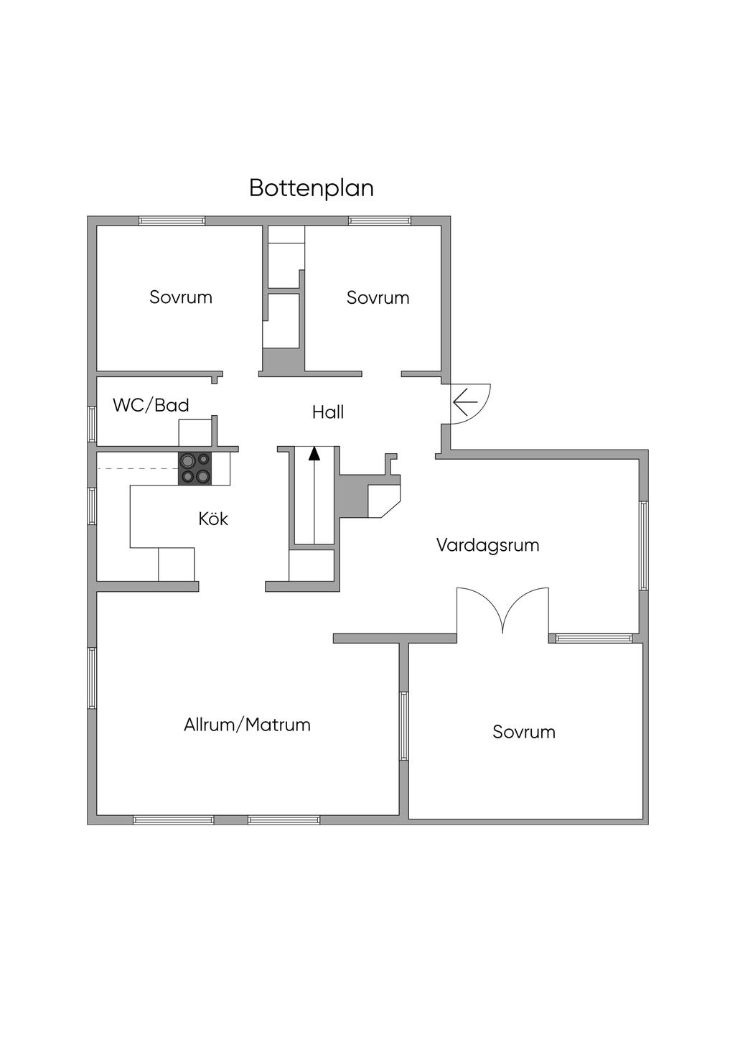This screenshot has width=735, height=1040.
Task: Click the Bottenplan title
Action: (x=312, y=188)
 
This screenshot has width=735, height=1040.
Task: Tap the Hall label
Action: (x=328, y=412)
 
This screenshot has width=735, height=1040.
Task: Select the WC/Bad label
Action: (x=151, y=405)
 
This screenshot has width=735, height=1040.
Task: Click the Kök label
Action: (x=213, y=519)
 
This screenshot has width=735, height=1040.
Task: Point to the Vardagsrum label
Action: (x=487, y=545)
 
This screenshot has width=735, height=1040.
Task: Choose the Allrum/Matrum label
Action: (x=247, y=725)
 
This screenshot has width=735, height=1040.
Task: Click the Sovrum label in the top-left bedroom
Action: (x=181, y=297)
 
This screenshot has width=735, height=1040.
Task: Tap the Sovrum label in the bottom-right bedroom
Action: (x=524, y=732)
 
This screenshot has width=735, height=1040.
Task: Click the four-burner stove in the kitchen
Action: (x=195, y=468)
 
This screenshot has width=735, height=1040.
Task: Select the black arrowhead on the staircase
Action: (x=314, y=453)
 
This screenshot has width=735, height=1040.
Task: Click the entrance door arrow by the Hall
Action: (x=466, y=402)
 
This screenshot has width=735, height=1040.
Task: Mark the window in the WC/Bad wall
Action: (x=92, y=424)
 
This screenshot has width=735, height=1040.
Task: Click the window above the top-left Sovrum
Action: (x=172, y=220)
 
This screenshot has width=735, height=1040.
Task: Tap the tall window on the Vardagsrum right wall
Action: (x=644, y=546)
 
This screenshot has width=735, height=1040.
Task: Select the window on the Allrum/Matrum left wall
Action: (x=92, y=679)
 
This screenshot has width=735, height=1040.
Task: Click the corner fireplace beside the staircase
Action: (x=383, y=498)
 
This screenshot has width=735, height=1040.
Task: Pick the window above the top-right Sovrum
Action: (x=380, y=220)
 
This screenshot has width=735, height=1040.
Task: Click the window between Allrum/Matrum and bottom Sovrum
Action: (x=404, y=725)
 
